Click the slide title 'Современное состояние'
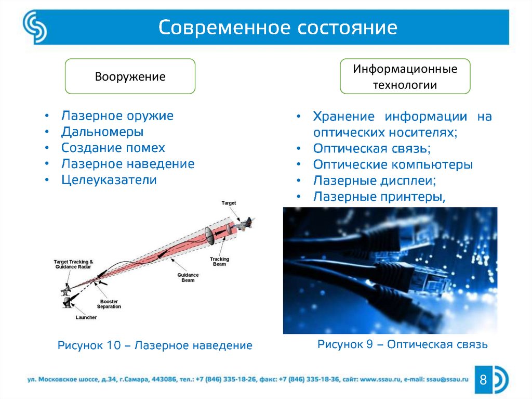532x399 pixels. (x=278, y=27)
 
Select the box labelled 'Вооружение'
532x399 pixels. (x=130, y=76)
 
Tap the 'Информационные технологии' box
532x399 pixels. (x=405, y=76)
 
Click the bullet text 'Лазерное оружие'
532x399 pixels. (x=117, y=115)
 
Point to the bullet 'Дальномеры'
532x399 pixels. (x=102, y=132)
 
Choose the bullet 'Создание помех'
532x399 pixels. (x=113, y=148)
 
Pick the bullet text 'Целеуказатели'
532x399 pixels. (x=109, y=180)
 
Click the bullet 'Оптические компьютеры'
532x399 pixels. (x=393, y=164)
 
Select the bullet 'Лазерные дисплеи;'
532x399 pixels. (x=375, y=181)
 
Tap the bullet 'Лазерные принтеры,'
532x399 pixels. (x=380, y=197)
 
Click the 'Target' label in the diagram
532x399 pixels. (x=229, y=203)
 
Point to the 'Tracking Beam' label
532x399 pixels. (x=219, y=261)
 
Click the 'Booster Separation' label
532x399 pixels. (x=109, y=304)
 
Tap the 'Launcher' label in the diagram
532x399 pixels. (x=86, y=317)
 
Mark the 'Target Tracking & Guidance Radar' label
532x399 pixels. (x=73, y=264)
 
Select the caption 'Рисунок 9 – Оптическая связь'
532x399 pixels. (x=402, y=344)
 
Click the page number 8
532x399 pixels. (x=483, y=380)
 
